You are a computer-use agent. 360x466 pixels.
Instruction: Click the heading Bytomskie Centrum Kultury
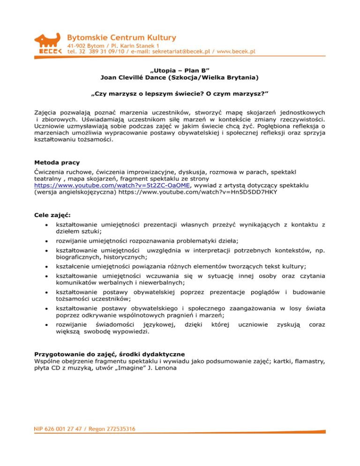point(122,37)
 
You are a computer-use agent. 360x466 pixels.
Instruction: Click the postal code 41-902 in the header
point(78,45)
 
